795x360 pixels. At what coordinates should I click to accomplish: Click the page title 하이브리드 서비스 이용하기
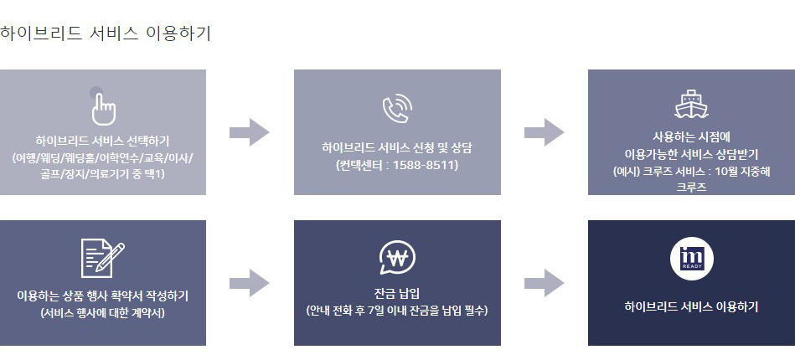pos(106,34)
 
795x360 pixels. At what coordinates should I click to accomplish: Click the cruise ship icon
pos(691,103)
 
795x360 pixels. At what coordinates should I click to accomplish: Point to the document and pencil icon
pos(102,257)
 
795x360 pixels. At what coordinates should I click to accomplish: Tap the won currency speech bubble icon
pos(397,258)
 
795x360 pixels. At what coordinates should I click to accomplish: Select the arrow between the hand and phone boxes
pos(249,132)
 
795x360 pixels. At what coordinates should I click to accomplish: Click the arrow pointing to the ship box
pos(544,132)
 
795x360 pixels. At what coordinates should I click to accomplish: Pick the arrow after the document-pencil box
pos(249,283)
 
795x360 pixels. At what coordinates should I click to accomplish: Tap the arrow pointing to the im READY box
pos(544,283)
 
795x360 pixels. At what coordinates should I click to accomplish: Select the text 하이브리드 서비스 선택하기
pos(102,140)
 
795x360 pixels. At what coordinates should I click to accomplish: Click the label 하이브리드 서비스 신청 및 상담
pos(397,147)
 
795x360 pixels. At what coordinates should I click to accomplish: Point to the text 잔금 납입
pos(397,292)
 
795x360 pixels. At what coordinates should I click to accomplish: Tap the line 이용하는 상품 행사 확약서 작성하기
pos(102,296)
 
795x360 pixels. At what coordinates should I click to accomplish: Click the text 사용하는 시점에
pos(691,136)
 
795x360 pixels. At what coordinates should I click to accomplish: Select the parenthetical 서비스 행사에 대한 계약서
pos(102,313)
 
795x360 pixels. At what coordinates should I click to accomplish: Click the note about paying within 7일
pos(397,311)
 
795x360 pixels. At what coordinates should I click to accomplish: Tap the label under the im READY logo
pos(691,306)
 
